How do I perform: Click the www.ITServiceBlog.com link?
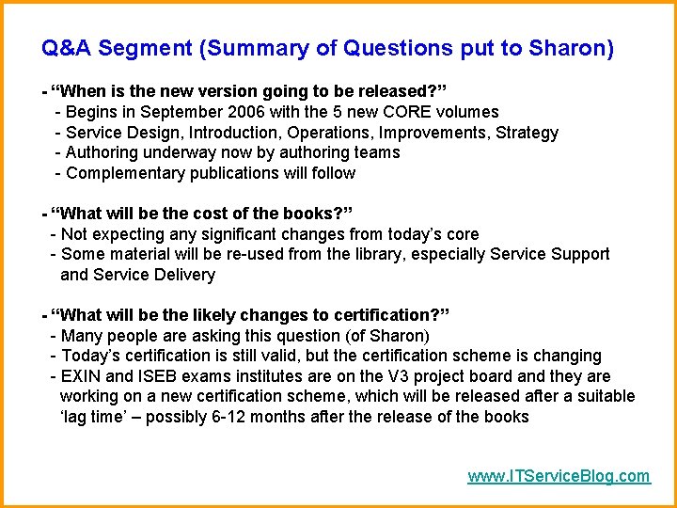click(559, 476)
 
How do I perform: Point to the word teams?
click(377, 152)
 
